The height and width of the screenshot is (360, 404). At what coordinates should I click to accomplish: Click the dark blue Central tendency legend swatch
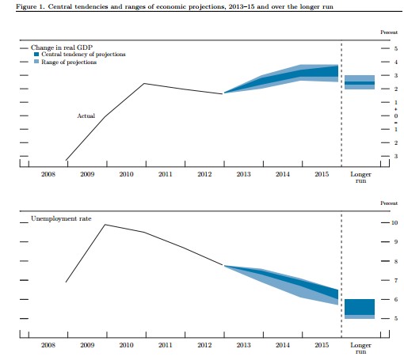36,55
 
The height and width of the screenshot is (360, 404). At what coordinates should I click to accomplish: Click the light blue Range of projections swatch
36,62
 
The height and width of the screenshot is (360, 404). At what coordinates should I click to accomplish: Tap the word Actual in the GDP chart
86,116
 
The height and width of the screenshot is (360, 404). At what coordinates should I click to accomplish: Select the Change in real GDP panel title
62,47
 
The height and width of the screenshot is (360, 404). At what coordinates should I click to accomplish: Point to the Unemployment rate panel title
61,218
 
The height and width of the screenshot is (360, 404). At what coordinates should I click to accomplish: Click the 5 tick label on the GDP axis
396,48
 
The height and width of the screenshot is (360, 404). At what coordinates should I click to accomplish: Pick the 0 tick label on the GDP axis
396,116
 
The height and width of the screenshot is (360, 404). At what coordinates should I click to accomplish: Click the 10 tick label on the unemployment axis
394,223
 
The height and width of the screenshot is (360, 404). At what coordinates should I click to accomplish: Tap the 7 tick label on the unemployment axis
396,280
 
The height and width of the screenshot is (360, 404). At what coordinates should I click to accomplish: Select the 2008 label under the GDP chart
48,174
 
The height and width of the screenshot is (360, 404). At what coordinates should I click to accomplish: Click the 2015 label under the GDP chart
322,174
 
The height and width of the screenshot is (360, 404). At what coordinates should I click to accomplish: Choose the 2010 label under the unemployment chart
126,345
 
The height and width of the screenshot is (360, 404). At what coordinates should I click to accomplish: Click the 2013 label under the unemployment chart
243,345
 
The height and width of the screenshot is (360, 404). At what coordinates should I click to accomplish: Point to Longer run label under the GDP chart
360,177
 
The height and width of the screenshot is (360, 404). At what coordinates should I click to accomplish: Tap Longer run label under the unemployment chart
360,348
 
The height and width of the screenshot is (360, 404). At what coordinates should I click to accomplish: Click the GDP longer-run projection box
360,82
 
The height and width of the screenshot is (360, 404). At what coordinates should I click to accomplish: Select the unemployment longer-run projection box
360,309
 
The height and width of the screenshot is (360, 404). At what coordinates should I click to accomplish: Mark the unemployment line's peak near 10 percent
105,225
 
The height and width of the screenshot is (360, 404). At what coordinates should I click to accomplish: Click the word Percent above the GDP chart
389,32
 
